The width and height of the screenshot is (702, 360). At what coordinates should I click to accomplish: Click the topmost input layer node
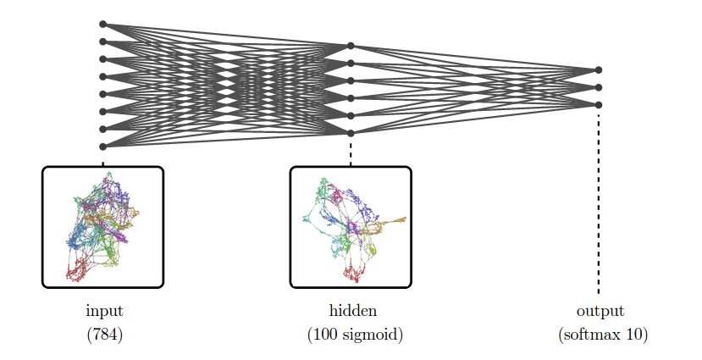point(103,25)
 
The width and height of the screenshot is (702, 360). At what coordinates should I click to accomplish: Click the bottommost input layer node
point(103,147)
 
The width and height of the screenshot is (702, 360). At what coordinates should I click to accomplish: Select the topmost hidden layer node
point(351,46)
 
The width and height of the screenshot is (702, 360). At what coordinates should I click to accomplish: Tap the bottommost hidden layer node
point(351,133)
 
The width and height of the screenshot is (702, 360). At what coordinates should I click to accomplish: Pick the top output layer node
point(599,69)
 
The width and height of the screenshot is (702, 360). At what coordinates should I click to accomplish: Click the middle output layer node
point(599,87)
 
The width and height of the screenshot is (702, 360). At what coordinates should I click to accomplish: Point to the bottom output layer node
point(599,105)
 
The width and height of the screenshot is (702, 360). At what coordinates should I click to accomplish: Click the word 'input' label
point(104,311)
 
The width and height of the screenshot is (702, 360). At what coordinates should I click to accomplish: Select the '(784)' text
point(104,334)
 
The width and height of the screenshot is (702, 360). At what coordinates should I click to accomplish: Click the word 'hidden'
point(353,310)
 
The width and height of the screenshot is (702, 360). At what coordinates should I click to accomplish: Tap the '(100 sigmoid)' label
point(355,335)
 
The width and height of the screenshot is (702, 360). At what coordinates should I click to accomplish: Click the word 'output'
point(600,311)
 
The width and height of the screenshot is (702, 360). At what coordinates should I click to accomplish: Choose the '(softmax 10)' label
point(603,334)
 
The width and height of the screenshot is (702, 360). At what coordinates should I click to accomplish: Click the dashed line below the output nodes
point(599,204)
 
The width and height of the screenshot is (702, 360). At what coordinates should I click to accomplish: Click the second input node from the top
point(103,42)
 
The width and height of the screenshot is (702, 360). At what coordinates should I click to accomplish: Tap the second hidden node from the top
point(351,64)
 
